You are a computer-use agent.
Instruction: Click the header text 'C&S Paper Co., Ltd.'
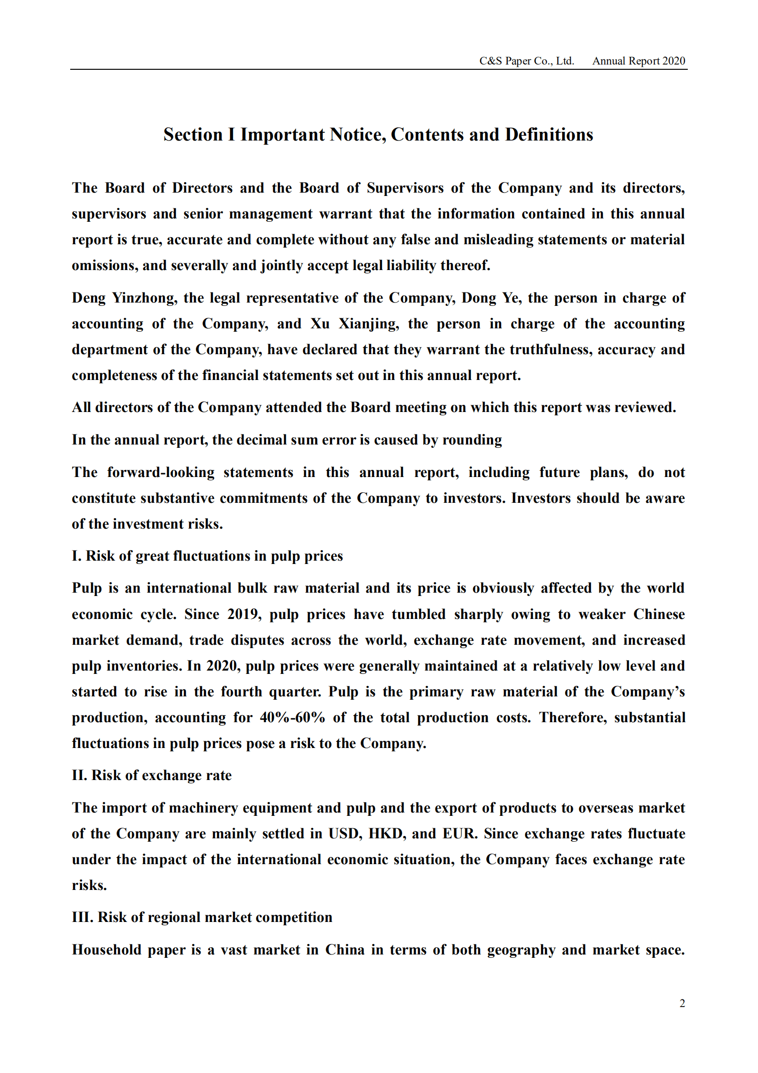pos(526,61)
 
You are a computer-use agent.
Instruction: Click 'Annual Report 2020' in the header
pos(639,61)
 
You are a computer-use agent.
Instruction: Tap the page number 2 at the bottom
pos(682,1003)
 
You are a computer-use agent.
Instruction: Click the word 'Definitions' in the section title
pos(549,135)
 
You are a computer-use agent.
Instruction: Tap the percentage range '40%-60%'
pos(292,718)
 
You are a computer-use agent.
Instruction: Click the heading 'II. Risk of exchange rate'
pos(152,776)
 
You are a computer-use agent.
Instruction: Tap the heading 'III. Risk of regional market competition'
pos(202,918)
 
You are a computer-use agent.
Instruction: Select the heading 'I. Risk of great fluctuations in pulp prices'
pos(207,556)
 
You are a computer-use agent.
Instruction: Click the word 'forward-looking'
pos(161,473)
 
